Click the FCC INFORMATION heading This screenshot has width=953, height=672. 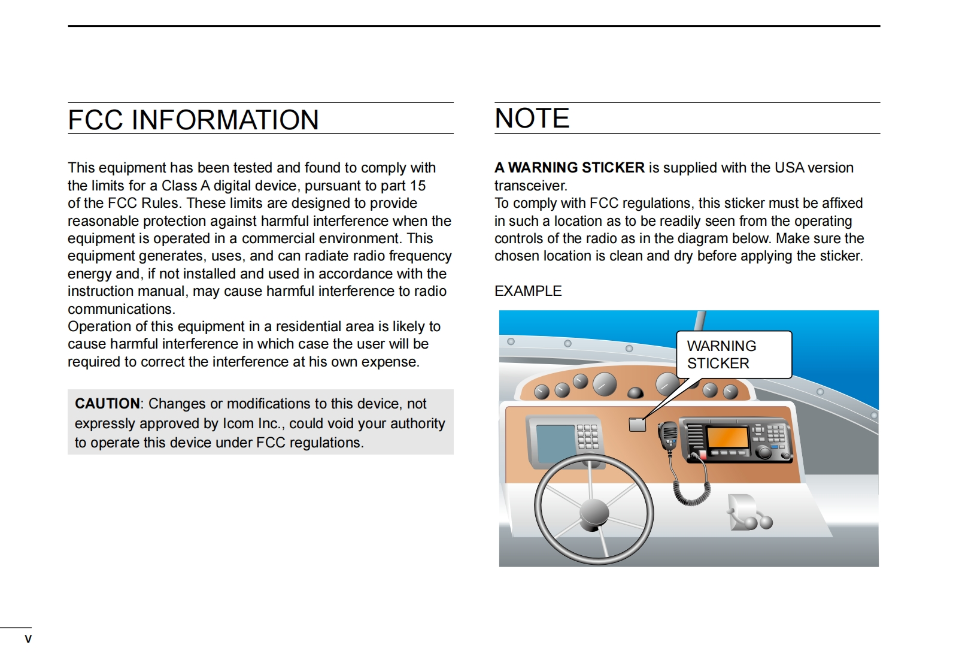pos(193,120)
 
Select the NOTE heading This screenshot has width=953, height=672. pos(532,118)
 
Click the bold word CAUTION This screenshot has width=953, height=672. pos(107,404)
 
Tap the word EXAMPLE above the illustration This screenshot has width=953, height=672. pos(528,291)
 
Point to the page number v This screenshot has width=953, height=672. pos(28,639)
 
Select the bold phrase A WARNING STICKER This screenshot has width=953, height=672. pos(569,168)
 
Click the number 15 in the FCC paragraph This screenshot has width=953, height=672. pos(417,186)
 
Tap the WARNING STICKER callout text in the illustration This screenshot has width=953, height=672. pos(721,355)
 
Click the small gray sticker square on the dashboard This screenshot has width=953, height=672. pos(638,424)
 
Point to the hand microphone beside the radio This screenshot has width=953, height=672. pos(668,435)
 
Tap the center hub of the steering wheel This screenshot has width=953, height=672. pos(594,513)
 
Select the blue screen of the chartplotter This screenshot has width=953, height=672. pos(556,443)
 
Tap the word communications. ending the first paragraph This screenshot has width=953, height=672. pos(122,309)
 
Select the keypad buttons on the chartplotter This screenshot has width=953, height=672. pos(587,437)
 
